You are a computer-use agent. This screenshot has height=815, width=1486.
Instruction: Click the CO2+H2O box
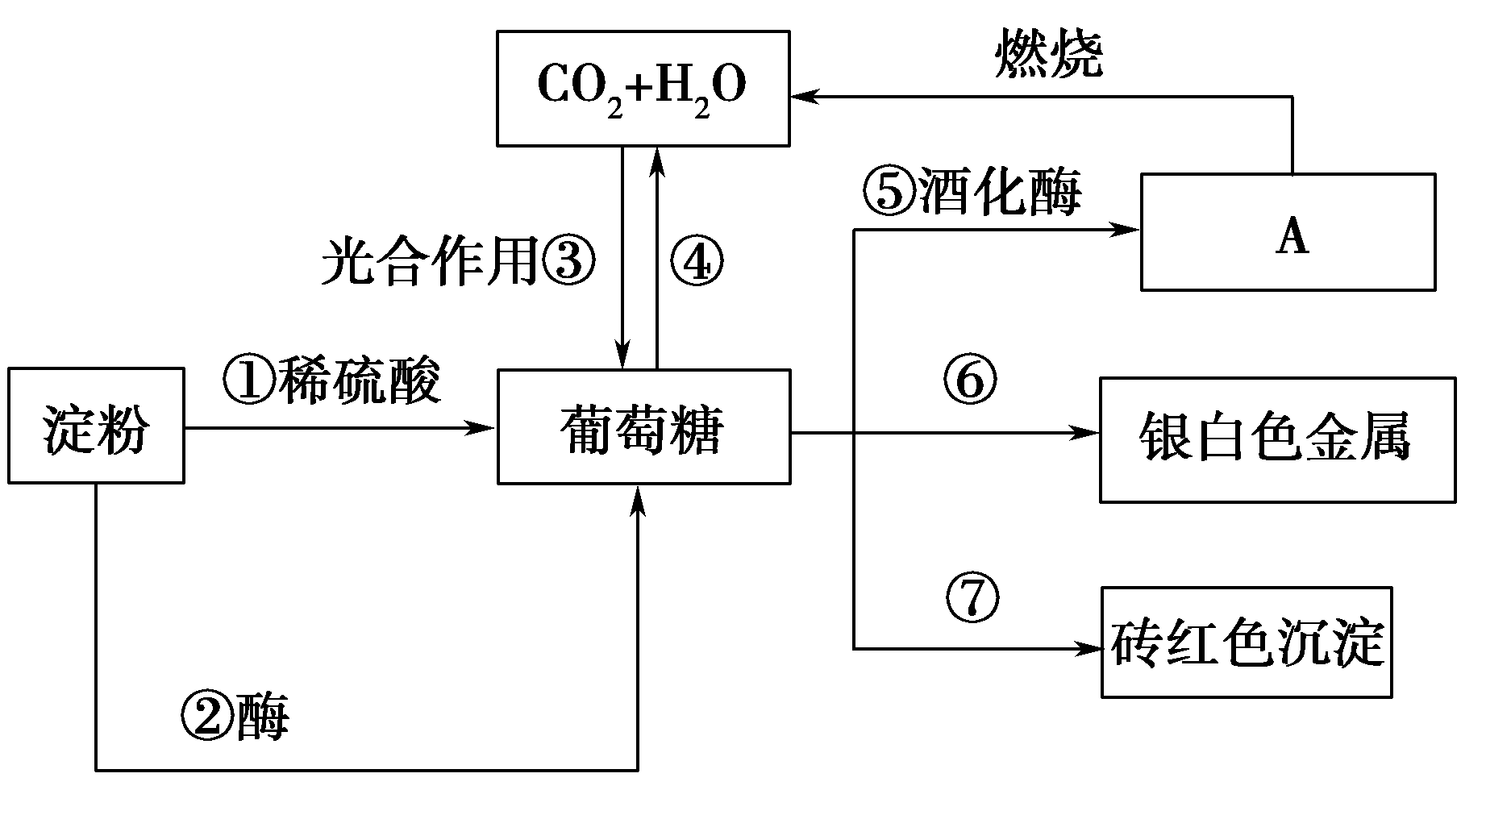643,89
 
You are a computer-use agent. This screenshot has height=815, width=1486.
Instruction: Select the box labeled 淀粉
96,426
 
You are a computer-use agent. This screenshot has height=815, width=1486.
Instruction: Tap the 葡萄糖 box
643,426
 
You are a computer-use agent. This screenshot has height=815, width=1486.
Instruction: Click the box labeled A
1288,232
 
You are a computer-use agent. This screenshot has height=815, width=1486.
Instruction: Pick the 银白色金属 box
1277,440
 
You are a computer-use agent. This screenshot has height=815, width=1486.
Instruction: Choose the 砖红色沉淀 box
1247,642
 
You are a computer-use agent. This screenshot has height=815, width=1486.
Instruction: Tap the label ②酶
234,717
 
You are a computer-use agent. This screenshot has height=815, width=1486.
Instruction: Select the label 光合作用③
458,262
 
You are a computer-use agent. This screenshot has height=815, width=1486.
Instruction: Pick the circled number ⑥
970,380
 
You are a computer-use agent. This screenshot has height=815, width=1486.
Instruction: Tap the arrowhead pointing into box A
1127,231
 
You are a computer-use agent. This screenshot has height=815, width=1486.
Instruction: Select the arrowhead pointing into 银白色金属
1088,434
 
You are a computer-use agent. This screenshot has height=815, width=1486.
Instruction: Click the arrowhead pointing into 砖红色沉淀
1089,649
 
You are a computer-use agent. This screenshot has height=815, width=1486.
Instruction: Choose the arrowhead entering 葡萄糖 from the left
484,427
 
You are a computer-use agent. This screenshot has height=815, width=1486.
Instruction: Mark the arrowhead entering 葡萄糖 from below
639,498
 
